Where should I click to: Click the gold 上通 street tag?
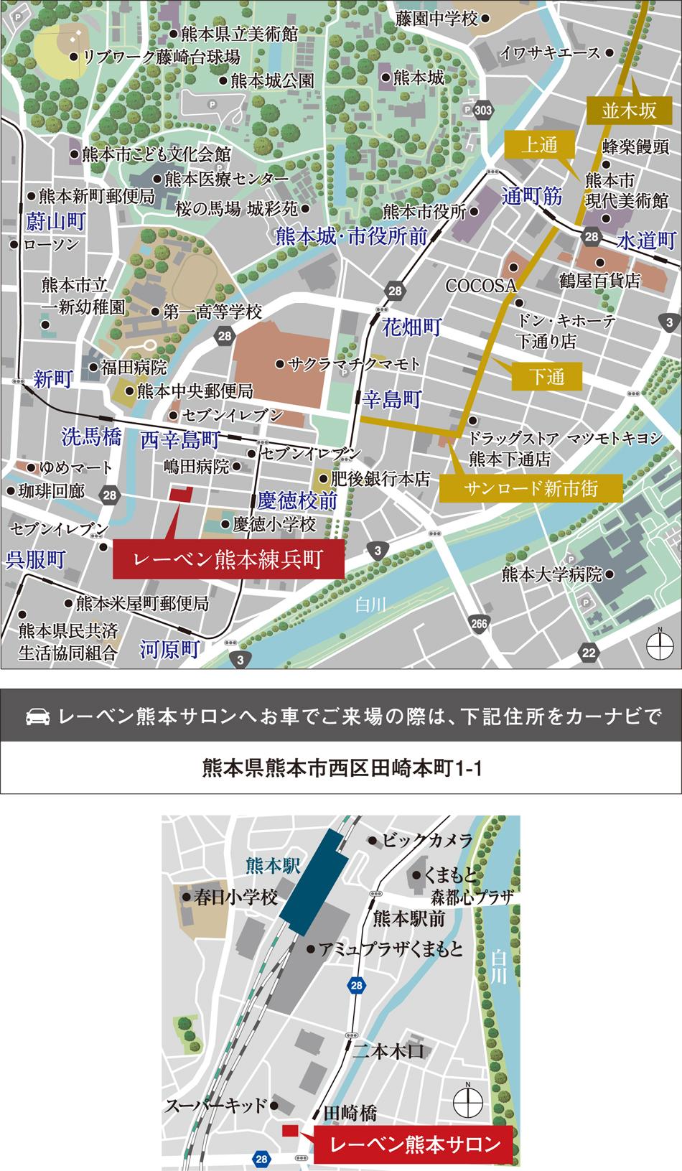tap(539, 145)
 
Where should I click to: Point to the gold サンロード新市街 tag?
tap(531, 489)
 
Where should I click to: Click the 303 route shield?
tap(484, 110)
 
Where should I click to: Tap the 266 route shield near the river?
tap(479, 624)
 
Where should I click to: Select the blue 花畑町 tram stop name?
tap(411, 327)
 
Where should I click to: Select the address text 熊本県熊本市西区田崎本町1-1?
tap(341, 768)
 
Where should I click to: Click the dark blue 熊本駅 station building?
tap(314, 877)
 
